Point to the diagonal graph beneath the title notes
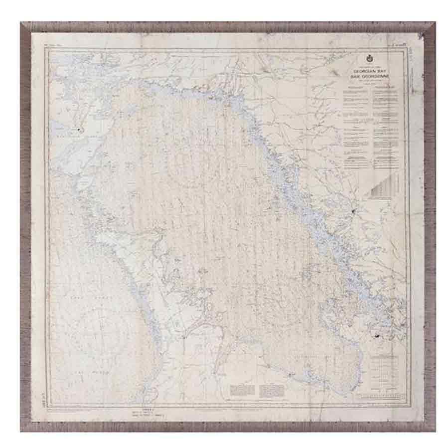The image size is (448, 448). pos(384,186)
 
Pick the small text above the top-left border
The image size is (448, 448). pos(52,46)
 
